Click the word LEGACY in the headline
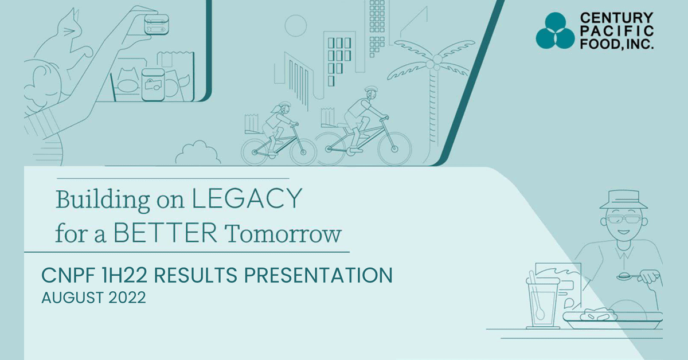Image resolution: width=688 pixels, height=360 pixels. click(x=247, y=199)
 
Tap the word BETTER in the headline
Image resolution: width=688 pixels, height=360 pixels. click(x=165, y=233)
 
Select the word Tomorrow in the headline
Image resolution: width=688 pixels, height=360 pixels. click(x=283, y=234)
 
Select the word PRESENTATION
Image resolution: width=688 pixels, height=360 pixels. click(x=318, y=275)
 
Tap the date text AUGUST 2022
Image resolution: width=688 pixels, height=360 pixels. click(x=93, y=298)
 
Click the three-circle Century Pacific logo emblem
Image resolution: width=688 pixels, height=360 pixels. click(x=555, y=31)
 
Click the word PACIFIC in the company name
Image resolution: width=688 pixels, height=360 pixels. click(x=617, y=31)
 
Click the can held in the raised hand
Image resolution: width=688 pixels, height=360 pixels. click(x=157, y=24)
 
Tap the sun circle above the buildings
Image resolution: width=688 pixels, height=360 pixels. click(x=295, y=26)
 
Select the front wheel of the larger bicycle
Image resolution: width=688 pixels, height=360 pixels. click(x=394, y=149)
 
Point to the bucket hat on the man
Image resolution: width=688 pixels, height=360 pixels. click(x=624, y=199)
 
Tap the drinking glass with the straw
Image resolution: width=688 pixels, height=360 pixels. click(x=541, y=303)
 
